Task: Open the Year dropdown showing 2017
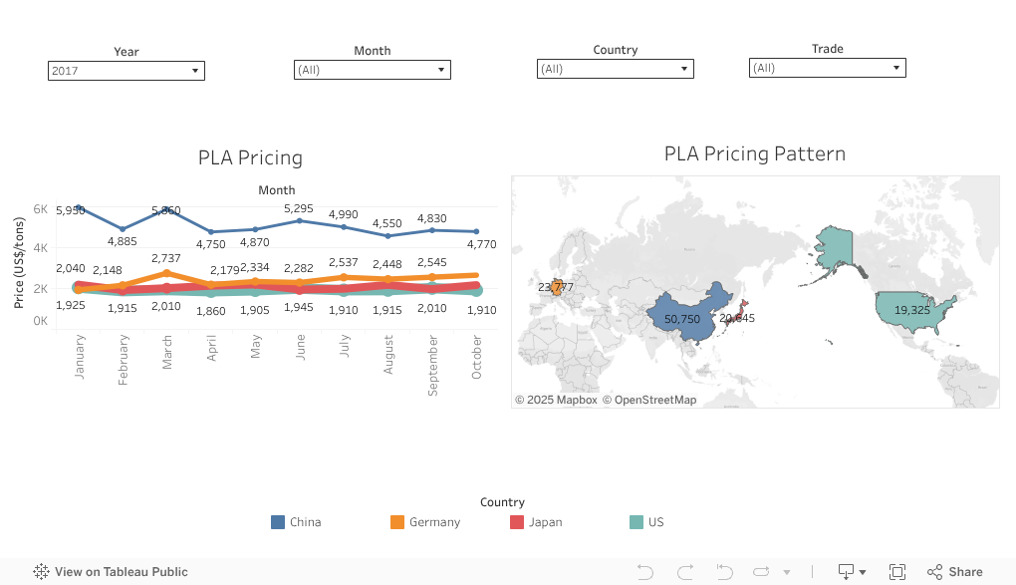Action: [126, 71]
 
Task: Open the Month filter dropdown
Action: [372, 70]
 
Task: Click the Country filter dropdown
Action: [615, 69]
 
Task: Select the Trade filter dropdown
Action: [827, 68]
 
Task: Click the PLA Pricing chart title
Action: [250, 157]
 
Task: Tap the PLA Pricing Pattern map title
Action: [754, 153]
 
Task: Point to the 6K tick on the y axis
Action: [41, 209]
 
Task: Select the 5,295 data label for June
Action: [299, 208]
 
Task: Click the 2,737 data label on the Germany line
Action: [166, 258]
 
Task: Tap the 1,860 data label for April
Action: [210, 310]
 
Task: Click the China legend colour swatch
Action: [278, 522]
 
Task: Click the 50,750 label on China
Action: [682, 319]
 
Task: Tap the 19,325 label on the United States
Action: [912, 310]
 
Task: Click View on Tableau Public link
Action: [111, 572]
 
